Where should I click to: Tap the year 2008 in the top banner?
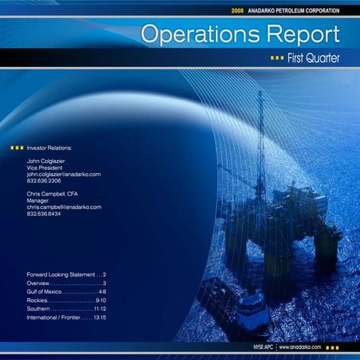237,11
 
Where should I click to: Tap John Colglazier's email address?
63,175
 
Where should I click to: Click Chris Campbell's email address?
64,207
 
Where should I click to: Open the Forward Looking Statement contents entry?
60,275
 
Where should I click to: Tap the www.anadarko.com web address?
300,348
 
